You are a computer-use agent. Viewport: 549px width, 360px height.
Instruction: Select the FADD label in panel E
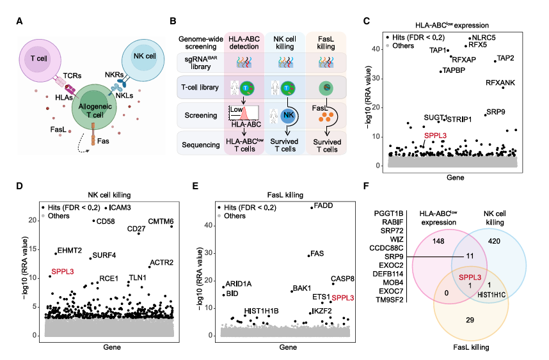(x=321, y=205)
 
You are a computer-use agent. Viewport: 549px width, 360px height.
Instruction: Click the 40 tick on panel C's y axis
(x=379, y=49)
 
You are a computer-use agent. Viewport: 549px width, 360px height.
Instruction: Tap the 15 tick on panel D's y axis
(x=36, y=248)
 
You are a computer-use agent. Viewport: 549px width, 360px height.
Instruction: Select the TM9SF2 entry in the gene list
(x=385, y=299)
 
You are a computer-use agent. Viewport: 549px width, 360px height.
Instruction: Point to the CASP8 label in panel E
(x=343, y=278)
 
